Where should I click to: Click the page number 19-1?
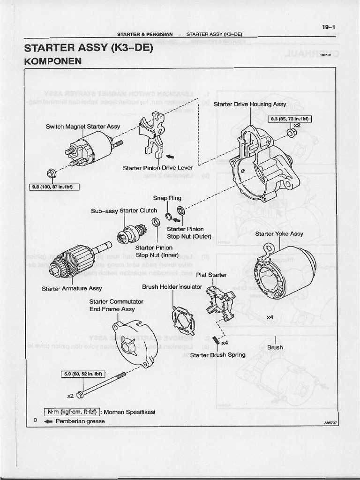coord(328,27)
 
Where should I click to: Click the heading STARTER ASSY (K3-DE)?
coord(89,48)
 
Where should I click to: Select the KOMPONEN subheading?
coord(52,61)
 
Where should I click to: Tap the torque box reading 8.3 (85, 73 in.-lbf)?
coord(286,119)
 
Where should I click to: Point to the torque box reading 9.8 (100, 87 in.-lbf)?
coord(54,187)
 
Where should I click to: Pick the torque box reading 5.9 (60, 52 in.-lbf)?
coord(83,374)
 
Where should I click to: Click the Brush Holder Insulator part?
coord(182,321)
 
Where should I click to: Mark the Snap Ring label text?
coord(167,198)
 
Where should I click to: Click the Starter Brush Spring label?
coord(217,355)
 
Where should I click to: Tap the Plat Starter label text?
coord(211,275)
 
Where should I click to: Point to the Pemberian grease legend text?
coord(80,421)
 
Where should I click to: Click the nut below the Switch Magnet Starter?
coord(51,173)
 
